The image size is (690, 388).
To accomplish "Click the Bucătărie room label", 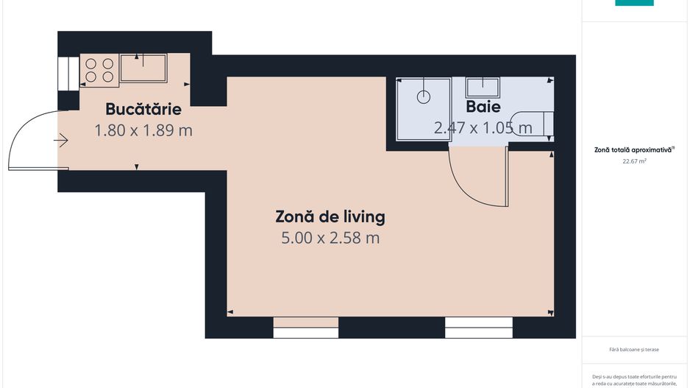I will [143, 110].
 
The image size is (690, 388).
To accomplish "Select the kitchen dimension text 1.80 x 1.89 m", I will [143, 130].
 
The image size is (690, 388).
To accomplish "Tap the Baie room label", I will [483, 107].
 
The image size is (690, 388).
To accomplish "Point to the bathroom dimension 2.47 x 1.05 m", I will [483, 128].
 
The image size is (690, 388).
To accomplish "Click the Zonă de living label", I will [330, 217].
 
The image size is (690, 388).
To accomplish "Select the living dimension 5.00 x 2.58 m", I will [330, 238].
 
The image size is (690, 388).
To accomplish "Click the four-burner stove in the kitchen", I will [99, 69].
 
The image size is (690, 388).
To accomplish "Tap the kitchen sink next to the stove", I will [143, 68].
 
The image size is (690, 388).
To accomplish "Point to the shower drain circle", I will [424, 96].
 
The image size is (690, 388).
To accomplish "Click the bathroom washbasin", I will [483, 87].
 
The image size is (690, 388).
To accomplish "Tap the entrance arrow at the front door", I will [61, 139].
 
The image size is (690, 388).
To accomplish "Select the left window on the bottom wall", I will [305, 328].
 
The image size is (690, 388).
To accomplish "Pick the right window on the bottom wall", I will [478, 328].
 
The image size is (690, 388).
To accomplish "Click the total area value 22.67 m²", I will [633, 161].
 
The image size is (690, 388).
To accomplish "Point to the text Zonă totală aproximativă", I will [633, 149].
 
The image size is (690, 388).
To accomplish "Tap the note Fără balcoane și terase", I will [633, 349].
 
